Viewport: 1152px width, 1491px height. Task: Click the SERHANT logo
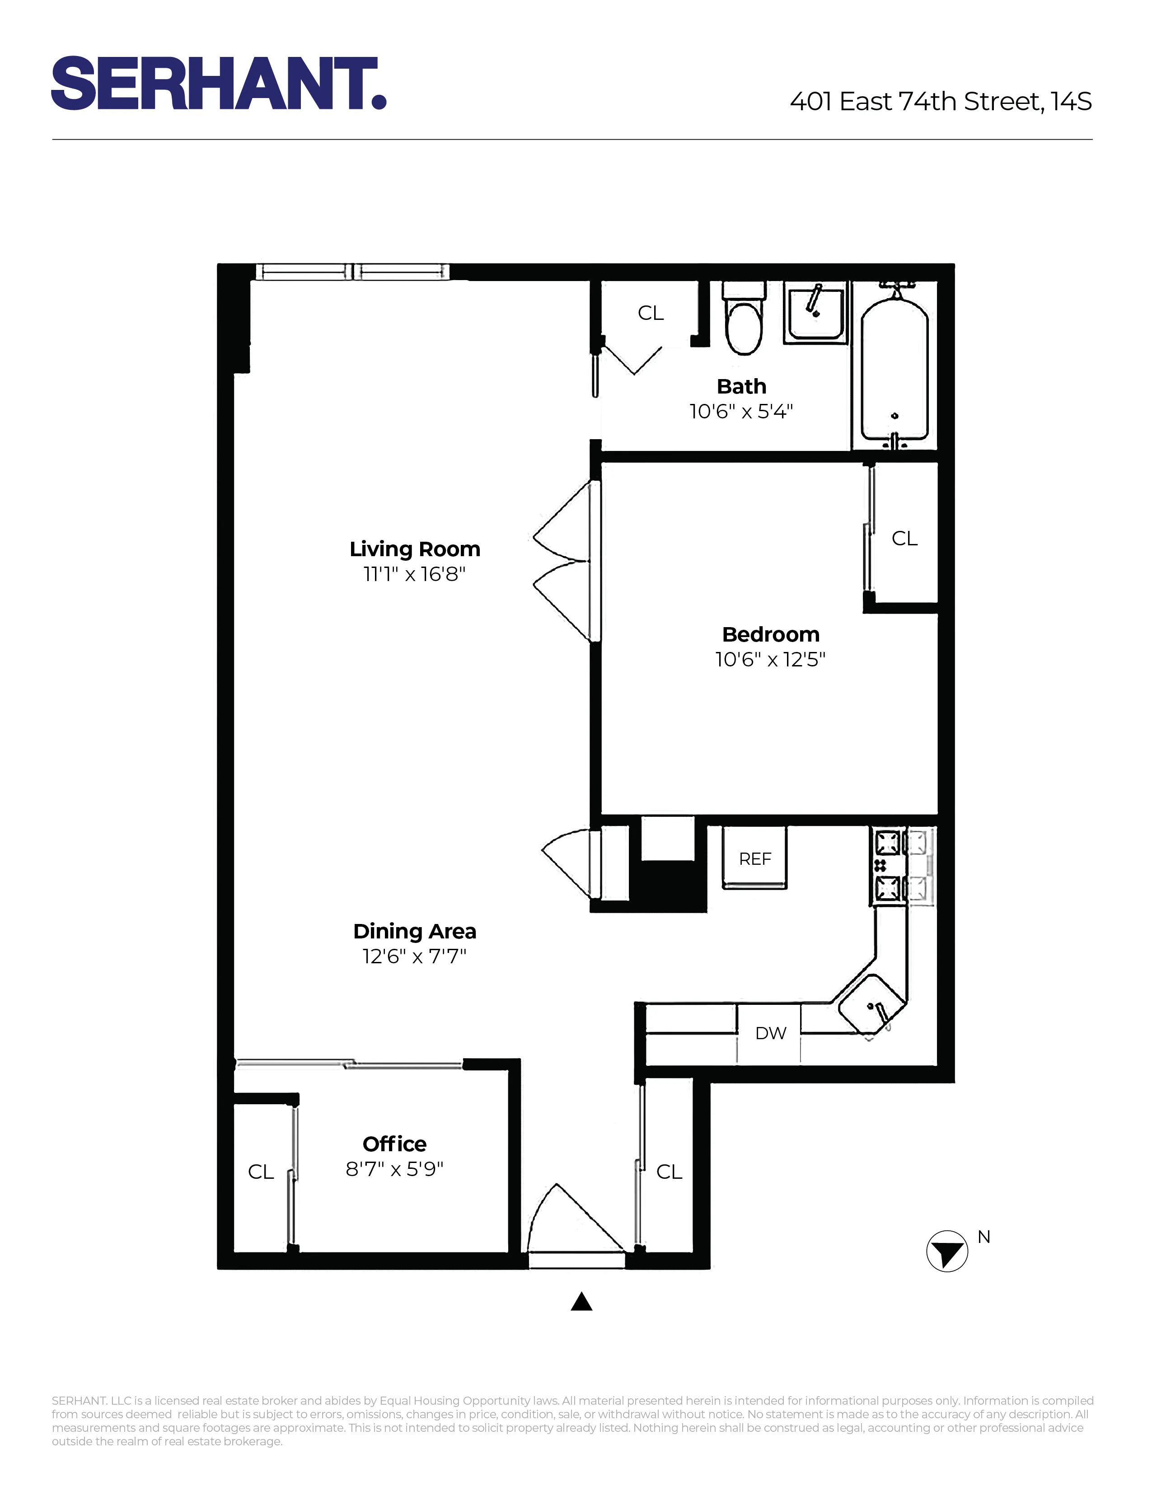pyautogui.click(x=218, y=83)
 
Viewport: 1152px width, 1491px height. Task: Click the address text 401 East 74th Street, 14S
pyautogui.click(x=941, y=102)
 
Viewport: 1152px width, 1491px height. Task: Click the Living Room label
pyautogui.click(x=415, y=549)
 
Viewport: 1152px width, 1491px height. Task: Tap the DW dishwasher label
pyautogui.click(x=771, y=1033)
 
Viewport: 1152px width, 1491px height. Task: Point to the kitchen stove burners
pyautogui.click(x=888, y=866)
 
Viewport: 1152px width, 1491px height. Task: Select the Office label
pyautogui.click(x=394, y=1144)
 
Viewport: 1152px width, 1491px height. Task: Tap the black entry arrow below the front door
pyautogui.click(x=581, y=1302)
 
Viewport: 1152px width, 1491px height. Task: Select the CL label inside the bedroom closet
pyautogui.click(x=904, y=539)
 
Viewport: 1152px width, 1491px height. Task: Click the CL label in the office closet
pyautogui.click(x=261, y=1172)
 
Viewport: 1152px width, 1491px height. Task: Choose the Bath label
pyautogui.click(x=741, y=386)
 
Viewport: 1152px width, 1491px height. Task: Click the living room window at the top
pyautogui.click(x=352, y=272)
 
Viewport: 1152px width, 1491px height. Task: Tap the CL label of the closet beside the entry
pyautogui.click(x=669, y=1172)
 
